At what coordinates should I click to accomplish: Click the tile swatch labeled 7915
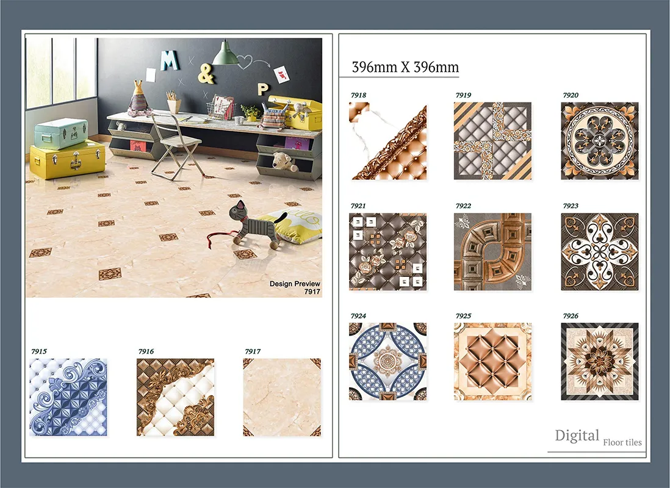tap(68, 397)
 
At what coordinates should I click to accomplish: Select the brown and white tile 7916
tap(175, 397)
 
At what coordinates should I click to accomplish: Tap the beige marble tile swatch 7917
tap(282, 397)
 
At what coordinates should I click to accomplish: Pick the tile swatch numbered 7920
tap(600, 141)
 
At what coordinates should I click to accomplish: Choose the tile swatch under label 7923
tap(600, 252)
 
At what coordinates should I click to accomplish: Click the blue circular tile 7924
tap(388, 362)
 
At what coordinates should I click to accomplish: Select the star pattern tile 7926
tap(600, 362)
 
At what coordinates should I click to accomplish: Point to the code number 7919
tap(463, 95)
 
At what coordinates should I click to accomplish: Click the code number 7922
tap(463, 206)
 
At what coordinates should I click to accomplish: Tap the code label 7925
tap(463, 316)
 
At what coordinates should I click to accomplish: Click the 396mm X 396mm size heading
tap(406, 67)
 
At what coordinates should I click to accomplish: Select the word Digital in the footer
tap(577, 436)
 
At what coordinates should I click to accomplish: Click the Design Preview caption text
tap(295, 284)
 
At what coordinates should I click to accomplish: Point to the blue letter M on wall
tap(169, 60)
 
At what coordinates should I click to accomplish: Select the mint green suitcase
tap(60, 134)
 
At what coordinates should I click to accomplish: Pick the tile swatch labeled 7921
tap(388, 252)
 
